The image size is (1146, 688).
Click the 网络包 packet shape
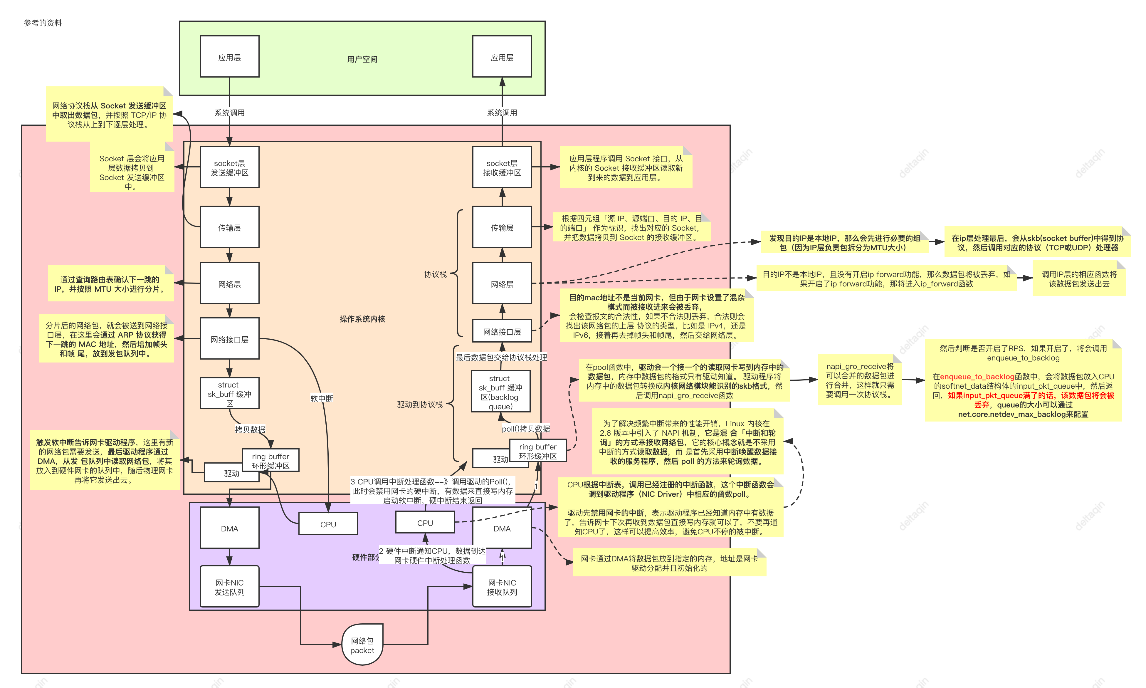click(362, 645)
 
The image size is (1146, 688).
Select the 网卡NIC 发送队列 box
click(229, 586)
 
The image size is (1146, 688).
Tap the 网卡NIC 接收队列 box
click(502, 586)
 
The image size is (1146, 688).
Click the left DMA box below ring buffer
click(229, 528)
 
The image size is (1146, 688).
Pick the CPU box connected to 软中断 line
click(328, 524)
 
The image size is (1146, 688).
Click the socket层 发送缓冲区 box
click(229, 167)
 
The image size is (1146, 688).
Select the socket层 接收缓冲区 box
click(502, 167)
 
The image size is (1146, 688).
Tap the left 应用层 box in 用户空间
click(229, 57)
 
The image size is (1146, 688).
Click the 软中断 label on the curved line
click(322, 398)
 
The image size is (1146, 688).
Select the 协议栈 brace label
click(435, 274)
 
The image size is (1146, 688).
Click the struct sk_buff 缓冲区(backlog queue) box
click(500, 392)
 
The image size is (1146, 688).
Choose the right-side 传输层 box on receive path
click(502, 228)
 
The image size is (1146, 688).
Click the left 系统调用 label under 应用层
click(229, 112)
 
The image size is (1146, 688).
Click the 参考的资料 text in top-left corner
click(43, 23)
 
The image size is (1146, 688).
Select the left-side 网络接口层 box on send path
click(229, 339)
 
